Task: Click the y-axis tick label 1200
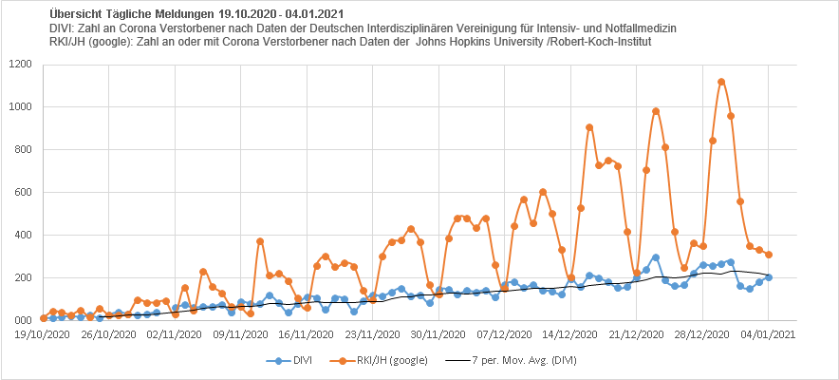pos(21,65)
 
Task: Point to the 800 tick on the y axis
pos(24,150)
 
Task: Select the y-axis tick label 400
pos(24,236)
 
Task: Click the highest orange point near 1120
pos(721,82)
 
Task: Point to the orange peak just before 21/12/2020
pos(656,111)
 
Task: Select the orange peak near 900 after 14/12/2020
pos(589,127)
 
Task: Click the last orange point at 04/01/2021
pos(769,255)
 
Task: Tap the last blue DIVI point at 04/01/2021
pos(769,277)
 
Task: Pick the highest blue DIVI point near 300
pos(656,257)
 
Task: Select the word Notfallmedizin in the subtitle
pos(636,29)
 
